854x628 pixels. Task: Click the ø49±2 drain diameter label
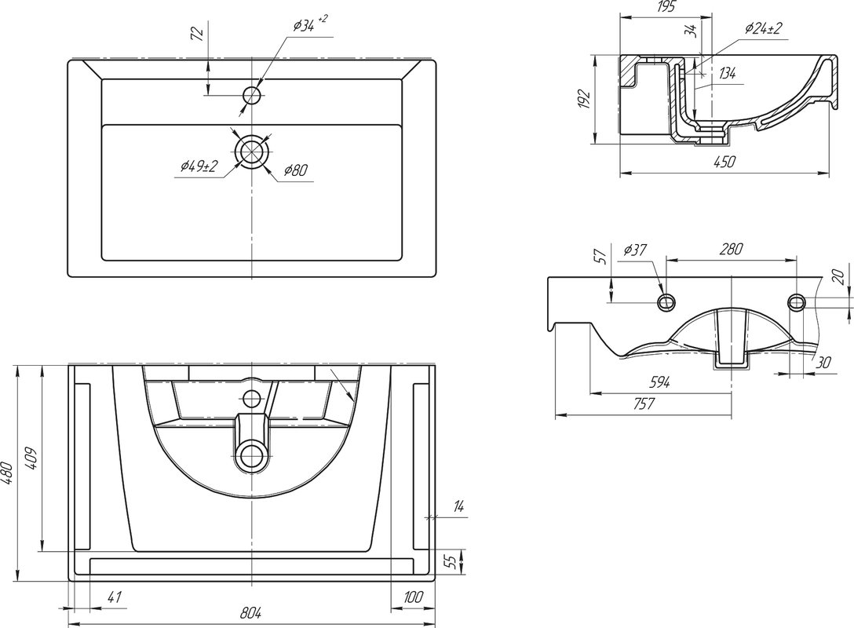(x=198, y=166)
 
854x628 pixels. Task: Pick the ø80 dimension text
(x=296, y=169)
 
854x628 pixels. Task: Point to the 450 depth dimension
(x=724, y=162)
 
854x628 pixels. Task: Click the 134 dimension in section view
(x=726, y=74)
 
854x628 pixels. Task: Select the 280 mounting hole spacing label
(x=731, y=250)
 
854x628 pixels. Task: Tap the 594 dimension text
(x=659, y=382)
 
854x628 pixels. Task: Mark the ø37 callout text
(x=634, y=250)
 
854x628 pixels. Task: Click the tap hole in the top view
(x=252, y=96)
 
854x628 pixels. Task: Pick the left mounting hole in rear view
(x=666, y=301)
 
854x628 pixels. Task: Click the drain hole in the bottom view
(x=252, y=453)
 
